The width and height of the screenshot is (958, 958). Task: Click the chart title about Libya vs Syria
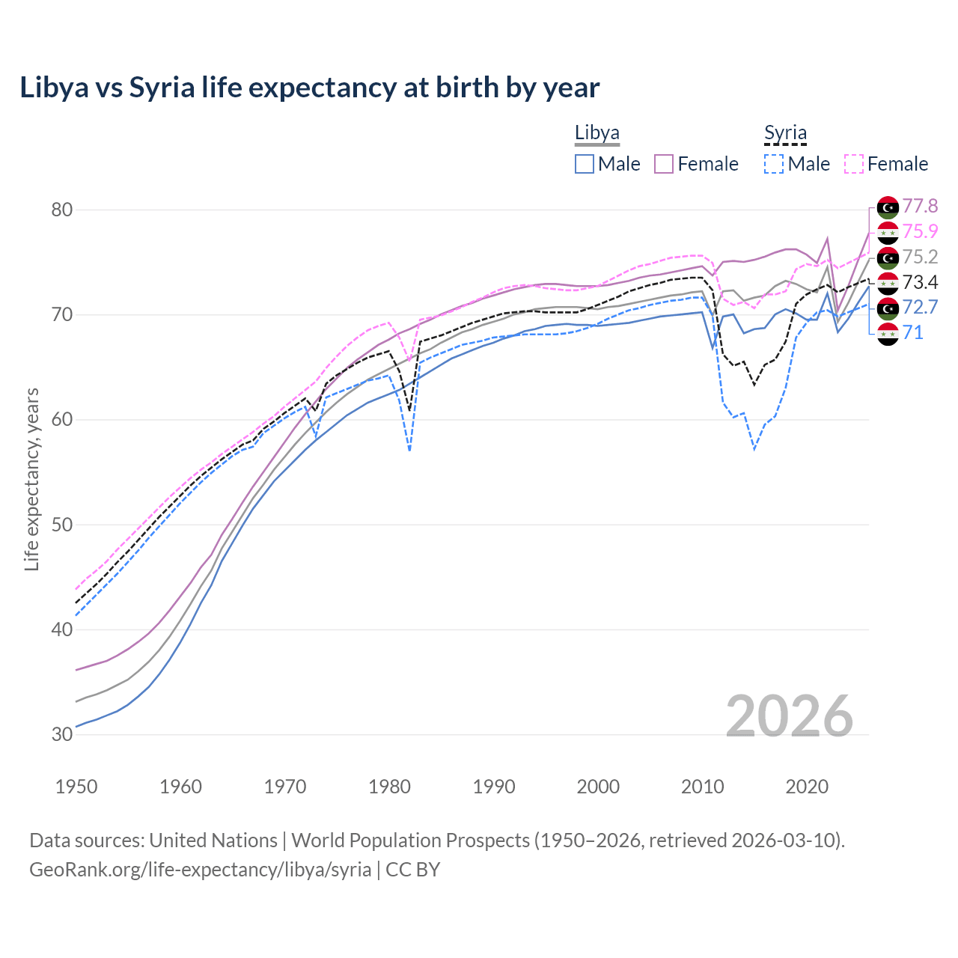click(x=309, y=88)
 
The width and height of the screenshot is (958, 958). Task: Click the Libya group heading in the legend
click(x=597, y=133)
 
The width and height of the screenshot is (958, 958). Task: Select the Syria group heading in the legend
click(x=785, y=133)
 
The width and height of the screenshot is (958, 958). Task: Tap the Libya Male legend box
click(x=585, y=164)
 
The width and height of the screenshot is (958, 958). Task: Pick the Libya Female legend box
click(x=665, y=164)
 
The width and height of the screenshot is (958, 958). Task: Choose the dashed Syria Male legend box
click(x=775, y=164)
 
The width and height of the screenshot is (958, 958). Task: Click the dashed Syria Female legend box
click(x=854, y=164)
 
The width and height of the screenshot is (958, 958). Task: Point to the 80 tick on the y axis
click(x=62, y=210)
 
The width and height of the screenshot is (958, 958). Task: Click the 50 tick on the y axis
click(x=62, y=525)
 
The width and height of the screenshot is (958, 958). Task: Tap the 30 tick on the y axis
click(x=62, y=734)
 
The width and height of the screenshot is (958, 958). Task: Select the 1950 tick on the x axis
click(x=76, y=787)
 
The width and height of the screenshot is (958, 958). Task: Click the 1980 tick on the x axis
click(x=389, y=787)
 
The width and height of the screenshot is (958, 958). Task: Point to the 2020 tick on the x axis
click(x=807, y=787)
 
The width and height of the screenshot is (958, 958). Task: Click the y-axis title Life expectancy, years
click(x=32, y=479)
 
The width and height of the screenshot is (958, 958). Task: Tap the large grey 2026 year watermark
click(x=789, y=716)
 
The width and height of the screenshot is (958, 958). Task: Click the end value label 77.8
click(x=920, y=206)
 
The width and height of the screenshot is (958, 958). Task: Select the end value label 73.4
click(x=920, y=282)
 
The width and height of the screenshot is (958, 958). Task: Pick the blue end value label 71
click(x=913, y=332)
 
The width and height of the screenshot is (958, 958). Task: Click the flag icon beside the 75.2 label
click(x=888, y=257)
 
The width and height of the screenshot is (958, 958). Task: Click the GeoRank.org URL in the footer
click(x=200, y=870)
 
